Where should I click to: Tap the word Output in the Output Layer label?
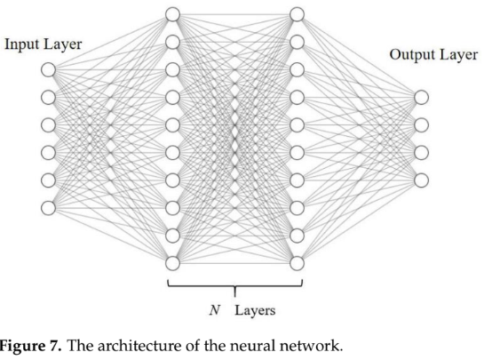click(x=409, y=55)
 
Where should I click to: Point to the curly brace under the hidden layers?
click(x=234, y=286)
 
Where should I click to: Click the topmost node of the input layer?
click(x=48, y=69)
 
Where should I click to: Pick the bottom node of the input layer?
click(x=48, y=207)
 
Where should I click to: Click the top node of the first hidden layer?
click(x=172, y=14)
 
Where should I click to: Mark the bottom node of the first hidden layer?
click(x=172, y=262)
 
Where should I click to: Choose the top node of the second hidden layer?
click(x=297, y=14)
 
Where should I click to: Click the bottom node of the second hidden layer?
click(x=297, y=262)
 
